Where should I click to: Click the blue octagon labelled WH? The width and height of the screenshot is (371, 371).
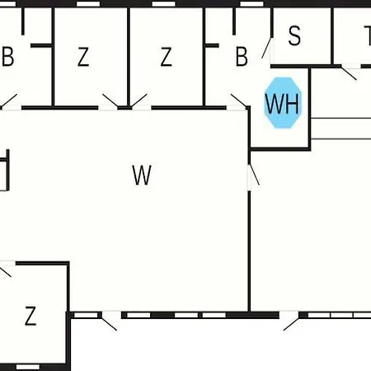point(283,103)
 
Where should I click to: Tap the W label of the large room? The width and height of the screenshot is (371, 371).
point(142,175)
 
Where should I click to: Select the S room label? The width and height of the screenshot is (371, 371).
point(294,35)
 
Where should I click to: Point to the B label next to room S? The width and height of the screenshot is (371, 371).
point(242,57)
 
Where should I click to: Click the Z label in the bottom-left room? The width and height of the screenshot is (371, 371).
point(31,316)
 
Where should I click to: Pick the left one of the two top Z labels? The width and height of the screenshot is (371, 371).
point(83,57)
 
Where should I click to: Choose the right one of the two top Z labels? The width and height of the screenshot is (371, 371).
point(166,57)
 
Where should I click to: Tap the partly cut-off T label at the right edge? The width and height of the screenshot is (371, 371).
point(368,35)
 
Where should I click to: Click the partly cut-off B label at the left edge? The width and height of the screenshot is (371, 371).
point(7,57)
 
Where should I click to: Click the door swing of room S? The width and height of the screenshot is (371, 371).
point(267,48)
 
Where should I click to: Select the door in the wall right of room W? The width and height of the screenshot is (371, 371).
point(253,175)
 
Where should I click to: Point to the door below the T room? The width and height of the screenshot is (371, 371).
point(349,73)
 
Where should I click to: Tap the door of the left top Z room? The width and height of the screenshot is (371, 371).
point(110,101)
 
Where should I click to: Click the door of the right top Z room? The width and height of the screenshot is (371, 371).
point(139,101)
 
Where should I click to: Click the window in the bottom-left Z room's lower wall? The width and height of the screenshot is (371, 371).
point(28,367)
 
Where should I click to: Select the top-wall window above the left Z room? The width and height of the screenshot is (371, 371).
point(88,4)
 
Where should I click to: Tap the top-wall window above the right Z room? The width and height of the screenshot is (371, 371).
point(163,4)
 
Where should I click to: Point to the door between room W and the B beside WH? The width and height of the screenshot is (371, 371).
point(238,101)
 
